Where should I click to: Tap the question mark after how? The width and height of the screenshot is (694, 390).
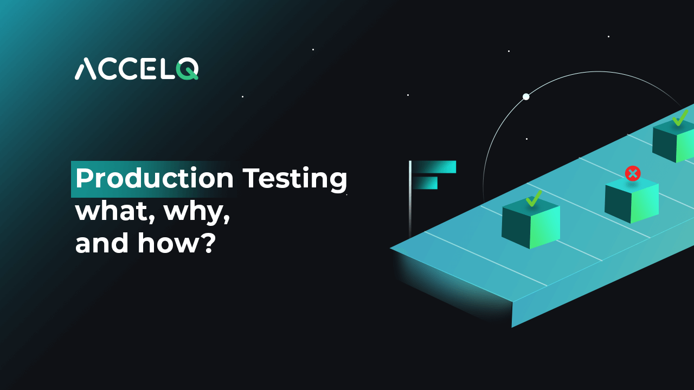click(x=209, y=243)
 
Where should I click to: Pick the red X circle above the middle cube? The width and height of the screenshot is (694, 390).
click(x=633, y=173)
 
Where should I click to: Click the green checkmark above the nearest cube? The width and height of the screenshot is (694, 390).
click(x=534, y=198)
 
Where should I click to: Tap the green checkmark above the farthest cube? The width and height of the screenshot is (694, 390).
click(x=679, y=117)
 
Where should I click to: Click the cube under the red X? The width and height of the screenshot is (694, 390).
click(x=632, y=201)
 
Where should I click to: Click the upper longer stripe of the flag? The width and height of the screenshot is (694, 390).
click(x=434, y=167)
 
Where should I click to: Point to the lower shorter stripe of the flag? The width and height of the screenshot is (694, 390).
click(x=425, y=183)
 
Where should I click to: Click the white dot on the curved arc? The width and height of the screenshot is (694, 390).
click(x=526, y=97)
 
